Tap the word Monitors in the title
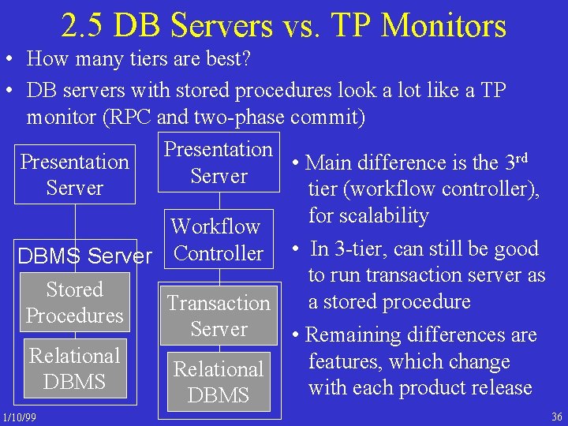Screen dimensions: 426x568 coord(444,25)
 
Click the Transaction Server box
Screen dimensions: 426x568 coord(219,316)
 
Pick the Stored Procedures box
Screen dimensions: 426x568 coord(75,303)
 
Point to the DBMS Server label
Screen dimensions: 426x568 coord(84,256)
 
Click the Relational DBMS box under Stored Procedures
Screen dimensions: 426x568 coord(75,368)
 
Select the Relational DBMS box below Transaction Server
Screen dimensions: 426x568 coord(219,382)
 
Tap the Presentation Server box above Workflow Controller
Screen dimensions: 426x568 coord(219,163)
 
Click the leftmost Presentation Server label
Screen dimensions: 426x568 coord(75,174)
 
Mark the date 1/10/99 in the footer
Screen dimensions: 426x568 coord(18,416)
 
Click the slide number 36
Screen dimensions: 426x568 coord(556,416)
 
